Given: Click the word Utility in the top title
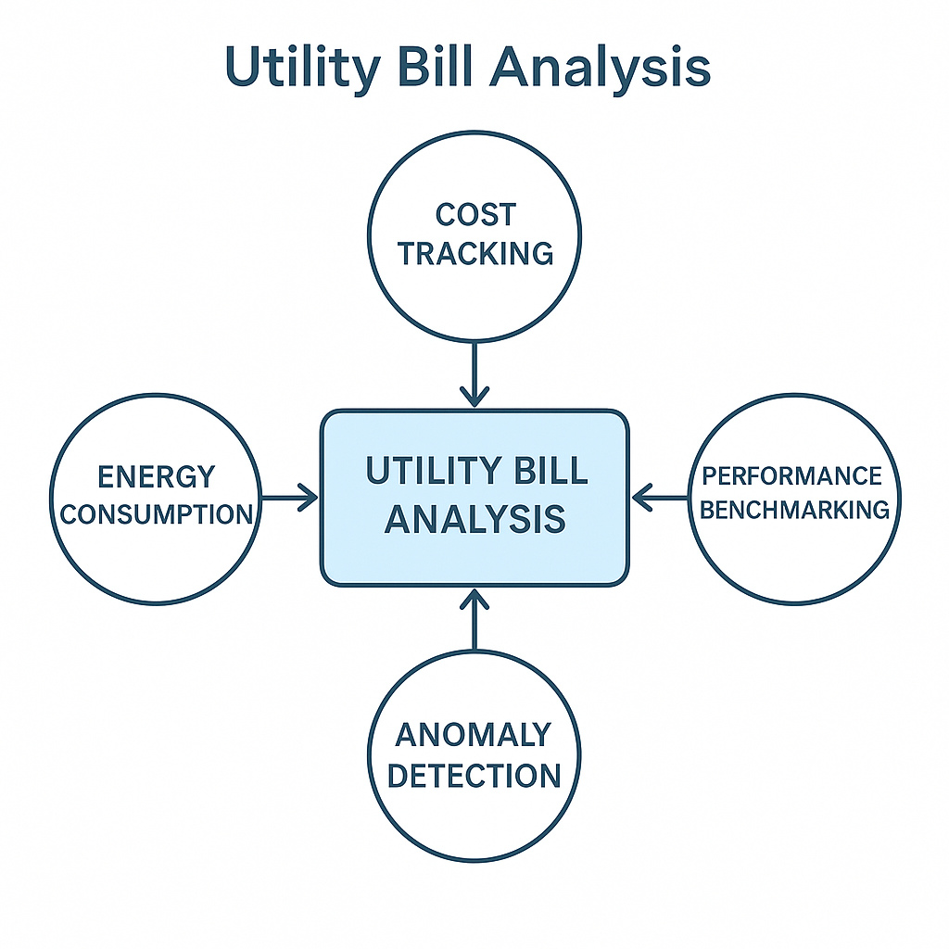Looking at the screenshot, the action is tap(303, 68).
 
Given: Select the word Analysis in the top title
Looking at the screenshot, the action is tap(600, 68).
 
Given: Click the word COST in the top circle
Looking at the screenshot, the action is tap(475, 215).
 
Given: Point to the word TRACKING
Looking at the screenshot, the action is tap(475, 254).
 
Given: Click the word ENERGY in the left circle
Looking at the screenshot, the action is tap(156, 477).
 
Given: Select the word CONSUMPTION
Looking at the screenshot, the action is tap(156, 514).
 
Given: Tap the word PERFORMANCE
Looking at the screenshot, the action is tap(791, 475).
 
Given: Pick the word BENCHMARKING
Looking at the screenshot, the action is tap(794, 510).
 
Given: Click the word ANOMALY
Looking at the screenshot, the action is tap(474, 735).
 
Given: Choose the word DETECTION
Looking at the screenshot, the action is tap(474, 776).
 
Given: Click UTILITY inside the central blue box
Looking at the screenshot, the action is tap(434, 470).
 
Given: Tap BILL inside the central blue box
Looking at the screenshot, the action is tap(550, 470).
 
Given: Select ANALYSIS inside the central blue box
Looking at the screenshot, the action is tap(475, 519).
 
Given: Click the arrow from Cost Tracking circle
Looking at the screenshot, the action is tap(474, 374).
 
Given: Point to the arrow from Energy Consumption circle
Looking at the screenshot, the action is tap(289, 498).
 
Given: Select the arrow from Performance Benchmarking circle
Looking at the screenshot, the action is tap(660, 498).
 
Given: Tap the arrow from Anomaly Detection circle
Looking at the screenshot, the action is tap(474, 620).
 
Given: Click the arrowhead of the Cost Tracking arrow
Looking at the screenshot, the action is tap(474, 397).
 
